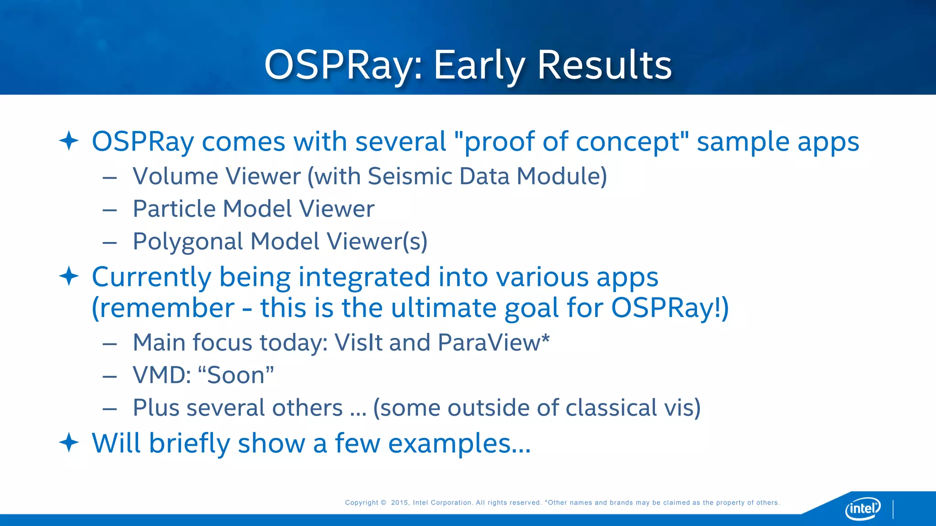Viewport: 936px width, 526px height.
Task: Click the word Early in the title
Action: tap(479, 65)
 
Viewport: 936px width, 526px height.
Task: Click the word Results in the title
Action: tap(604, 65)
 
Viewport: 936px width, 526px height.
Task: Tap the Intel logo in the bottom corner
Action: tap(863, 508)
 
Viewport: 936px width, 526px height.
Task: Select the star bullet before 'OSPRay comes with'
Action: tap(69, 141)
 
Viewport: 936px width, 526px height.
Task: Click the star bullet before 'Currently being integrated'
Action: tap(69, 276)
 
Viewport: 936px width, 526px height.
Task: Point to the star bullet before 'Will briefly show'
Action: tap(69, 442)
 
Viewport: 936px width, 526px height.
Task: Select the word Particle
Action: tap(174, 209)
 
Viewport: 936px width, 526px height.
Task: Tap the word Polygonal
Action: tap(187, 242)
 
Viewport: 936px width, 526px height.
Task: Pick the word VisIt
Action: tap(358, 342)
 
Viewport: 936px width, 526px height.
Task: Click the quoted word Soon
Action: tap(236, 375)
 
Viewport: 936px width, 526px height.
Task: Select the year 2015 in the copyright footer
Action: tap(399, 503)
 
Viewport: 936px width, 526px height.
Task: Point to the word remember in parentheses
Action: tap(167, 308)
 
